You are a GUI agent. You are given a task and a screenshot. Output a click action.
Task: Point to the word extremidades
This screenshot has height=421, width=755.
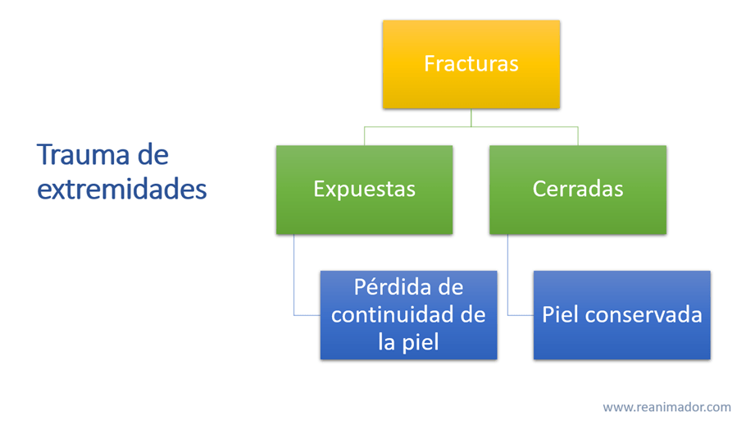122,190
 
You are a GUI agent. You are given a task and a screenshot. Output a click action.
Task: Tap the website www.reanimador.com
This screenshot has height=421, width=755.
666,407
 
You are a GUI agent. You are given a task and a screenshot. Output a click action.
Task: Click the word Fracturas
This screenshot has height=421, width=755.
471,63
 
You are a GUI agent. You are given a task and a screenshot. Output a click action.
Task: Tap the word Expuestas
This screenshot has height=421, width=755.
364,189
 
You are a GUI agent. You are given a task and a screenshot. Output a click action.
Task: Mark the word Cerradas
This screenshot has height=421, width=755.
577,189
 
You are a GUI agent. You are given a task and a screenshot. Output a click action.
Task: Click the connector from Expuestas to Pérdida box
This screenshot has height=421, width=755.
294,279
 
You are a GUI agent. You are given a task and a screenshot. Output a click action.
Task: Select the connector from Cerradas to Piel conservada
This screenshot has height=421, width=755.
507,279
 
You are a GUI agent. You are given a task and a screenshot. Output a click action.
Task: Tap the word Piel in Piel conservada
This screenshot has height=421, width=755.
559,314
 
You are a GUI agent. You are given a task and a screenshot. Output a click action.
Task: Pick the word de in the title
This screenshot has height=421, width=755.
153,154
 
